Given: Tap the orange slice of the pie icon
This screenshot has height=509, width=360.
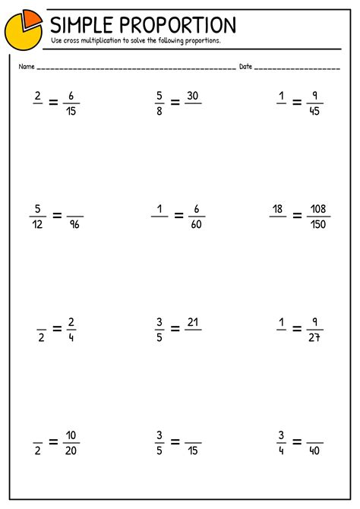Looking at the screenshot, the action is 31,17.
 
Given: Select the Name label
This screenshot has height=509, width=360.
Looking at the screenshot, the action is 27,67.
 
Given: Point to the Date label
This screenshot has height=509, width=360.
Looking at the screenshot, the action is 245,67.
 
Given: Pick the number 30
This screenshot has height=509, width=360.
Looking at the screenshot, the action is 193,95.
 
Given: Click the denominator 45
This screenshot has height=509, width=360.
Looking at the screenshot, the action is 314,110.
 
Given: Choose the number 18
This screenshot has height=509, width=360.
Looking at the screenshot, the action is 278,208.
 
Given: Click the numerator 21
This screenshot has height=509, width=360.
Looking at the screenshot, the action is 193,322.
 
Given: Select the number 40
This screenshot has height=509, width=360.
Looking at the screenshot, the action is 314,451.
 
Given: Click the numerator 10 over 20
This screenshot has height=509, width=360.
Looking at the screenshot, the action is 71,436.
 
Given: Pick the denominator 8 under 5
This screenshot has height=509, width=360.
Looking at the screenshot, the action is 159,110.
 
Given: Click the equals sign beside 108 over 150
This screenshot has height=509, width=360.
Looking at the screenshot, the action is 297,216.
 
